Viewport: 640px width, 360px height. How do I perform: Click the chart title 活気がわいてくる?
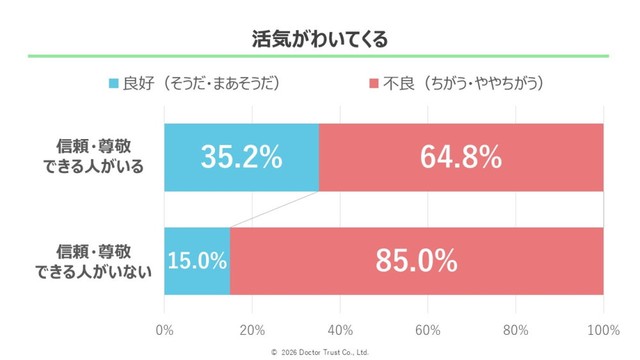tap(319, 40)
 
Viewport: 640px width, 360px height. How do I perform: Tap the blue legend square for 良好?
tap(113, 83)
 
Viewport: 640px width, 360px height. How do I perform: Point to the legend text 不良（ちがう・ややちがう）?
tap(463, 83)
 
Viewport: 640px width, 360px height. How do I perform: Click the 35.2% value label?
tap(241, 157)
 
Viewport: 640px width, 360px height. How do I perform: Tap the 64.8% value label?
tap(461, 157)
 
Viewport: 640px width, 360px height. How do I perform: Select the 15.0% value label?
tap(197, 261)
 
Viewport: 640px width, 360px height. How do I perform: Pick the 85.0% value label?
tap(416, 261)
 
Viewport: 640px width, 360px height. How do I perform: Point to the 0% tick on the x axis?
tap(165, 330)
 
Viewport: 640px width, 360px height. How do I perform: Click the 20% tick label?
tap(253, 330)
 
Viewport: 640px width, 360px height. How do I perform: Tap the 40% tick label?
tap(340, 330)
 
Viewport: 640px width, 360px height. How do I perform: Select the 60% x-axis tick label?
tap(428, 330)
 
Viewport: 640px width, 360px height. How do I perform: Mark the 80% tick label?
tap(516, 330)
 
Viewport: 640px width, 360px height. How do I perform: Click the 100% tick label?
tap(603, 330)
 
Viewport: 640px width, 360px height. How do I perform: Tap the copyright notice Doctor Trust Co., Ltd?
tap(320, 352)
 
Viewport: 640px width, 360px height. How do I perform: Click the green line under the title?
tap(320, 57)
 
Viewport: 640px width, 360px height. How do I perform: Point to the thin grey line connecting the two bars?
tap(274, 209)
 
